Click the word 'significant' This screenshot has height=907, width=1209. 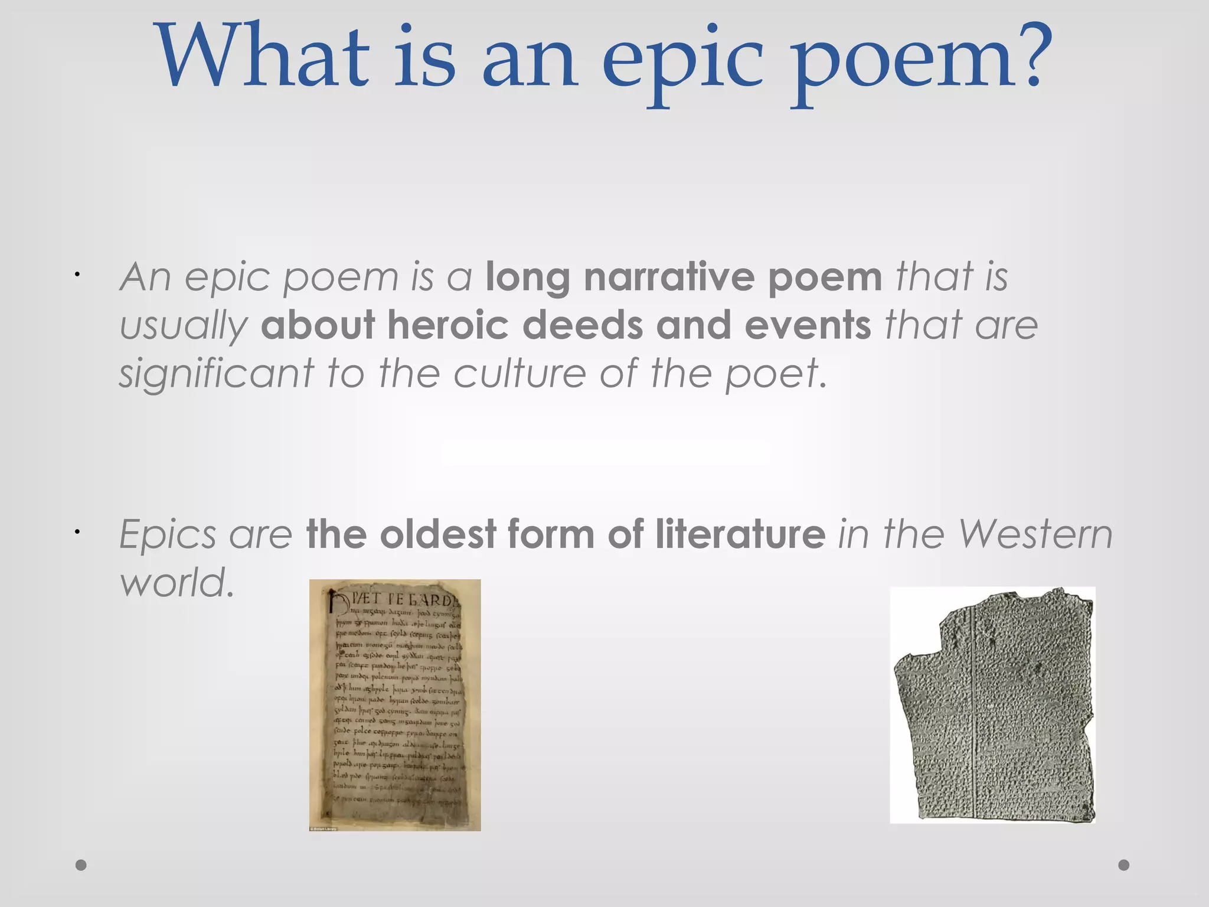[x=217, y=375]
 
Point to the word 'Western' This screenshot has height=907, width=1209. [x=1035, y=534]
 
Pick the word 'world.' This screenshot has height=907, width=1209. [x=177, y=582]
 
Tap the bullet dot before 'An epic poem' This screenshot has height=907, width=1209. [x=77, y=275]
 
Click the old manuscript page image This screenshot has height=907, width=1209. [x=395, y=705]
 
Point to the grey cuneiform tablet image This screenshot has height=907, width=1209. [x=993, y=705]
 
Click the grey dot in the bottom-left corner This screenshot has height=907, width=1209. [x=81, y=865]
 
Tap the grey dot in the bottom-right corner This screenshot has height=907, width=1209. [x=1124, y=865]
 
